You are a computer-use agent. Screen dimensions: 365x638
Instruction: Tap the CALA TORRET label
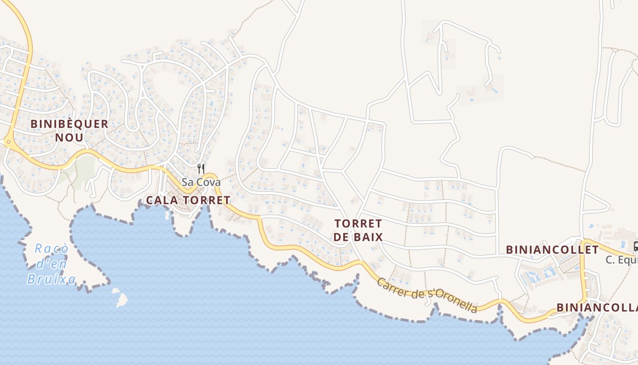point(188,200)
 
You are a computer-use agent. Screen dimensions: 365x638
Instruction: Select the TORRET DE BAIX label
point(358,230)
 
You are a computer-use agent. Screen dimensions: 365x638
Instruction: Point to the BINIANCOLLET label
point(552,250)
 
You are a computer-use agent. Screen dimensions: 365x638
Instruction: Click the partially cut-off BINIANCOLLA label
point(597,307)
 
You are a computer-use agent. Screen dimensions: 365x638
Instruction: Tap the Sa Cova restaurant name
point(201,182)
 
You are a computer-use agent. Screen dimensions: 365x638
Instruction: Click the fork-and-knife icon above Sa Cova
point(201,169)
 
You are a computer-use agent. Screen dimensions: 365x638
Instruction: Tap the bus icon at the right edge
point(636,247)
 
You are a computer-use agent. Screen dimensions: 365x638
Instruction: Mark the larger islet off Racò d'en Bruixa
point(121,299)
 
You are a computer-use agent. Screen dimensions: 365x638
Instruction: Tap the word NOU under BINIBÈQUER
point(69,137)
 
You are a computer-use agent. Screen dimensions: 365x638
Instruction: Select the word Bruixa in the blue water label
point(51,278)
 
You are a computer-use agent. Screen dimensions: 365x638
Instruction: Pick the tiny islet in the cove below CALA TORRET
point(167,214)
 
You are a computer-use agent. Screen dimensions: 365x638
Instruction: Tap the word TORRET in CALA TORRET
point(207,200)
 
